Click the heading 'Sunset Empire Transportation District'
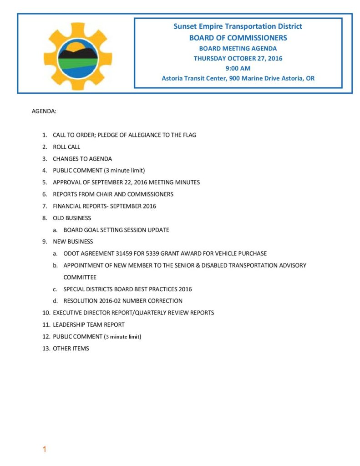(x=238, y=26)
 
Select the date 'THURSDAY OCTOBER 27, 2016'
(x=238, y=58)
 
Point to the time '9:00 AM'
(x=238, y=68)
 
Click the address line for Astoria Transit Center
(x=238, y=78)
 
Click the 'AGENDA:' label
(x=44, y=111)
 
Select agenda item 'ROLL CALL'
(x=66, y=147)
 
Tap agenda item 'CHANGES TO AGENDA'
(x=82, y=159)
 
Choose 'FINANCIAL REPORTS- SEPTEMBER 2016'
(x=104, y=206)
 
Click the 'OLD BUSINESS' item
(x=72, y=218)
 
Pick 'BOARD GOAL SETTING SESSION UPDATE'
(x=116, y=230)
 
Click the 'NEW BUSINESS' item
(x=73, y=242)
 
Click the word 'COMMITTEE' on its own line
(x=80, y=277)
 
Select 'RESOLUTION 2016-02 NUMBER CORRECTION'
(x=123, y=301)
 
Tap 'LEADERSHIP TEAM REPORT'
(x=89, y=324)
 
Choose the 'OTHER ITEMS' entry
(x=71, y=348)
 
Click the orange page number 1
(x=45, y=450)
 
